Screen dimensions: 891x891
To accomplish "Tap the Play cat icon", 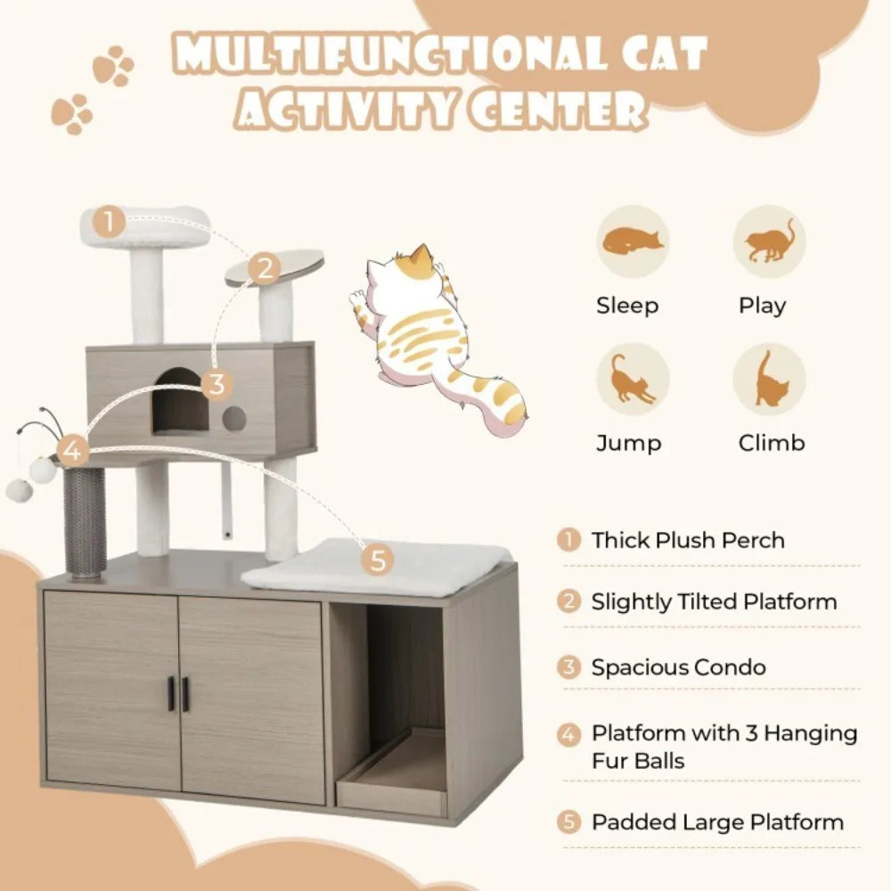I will pos(769,242).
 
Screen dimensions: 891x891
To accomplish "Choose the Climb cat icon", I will pos(769,380).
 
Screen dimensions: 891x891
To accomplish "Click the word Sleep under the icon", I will pos(627,306).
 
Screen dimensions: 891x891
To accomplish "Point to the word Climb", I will pos(772,443).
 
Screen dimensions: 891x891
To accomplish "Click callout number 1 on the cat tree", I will pos(108,222).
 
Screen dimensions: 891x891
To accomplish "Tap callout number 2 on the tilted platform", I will pos(264,268).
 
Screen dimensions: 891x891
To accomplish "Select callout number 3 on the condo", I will pos(216,385).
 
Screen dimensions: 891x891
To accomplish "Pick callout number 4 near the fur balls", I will pos(73,451).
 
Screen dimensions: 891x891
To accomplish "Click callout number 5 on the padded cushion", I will pos(378,560).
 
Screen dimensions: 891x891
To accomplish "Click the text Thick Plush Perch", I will pos(688,540).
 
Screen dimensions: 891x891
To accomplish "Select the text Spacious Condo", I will pos(678,667).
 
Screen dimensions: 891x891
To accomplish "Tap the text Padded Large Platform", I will pos(717,822).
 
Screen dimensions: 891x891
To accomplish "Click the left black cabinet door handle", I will pos(170,694).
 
